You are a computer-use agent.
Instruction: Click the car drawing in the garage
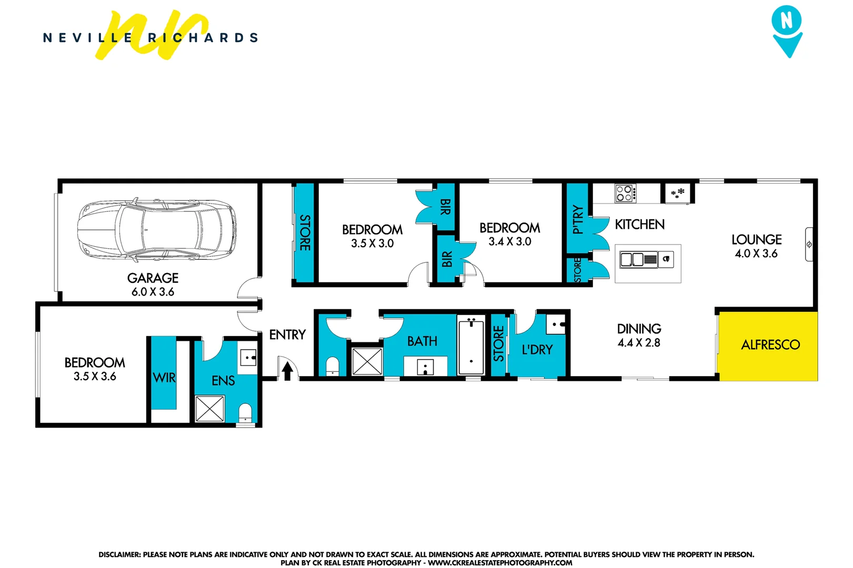coord(157,230)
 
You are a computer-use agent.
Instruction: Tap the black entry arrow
coord(287,371)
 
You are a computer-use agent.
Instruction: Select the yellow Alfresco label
coord(770,345)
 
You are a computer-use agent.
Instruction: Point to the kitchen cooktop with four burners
coord(625,194)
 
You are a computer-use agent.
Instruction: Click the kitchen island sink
coord(638,259)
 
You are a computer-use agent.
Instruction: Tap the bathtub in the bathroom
coord(471,344)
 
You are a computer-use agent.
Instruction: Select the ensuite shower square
coord(209,409)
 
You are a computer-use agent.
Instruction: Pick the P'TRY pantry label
coord(578,219)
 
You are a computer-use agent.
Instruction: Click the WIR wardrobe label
coord(164,378)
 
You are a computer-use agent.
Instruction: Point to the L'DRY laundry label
coord(537,350)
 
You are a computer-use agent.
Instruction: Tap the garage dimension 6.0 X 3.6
coord(153,292)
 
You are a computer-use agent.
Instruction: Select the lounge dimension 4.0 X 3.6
coord(756,253)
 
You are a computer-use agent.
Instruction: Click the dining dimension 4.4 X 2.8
coord(639,343)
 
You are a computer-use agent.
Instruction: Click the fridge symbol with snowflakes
coord(678,193)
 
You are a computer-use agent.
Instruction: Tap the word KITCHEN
coord(639,225)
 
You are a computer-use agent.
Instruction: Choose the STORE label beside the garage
coord(305,232)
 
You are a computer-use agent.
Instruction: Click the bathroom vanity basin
coord(425,366)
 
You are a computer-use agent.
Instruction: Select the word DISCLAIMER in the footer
coord(119,554)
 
